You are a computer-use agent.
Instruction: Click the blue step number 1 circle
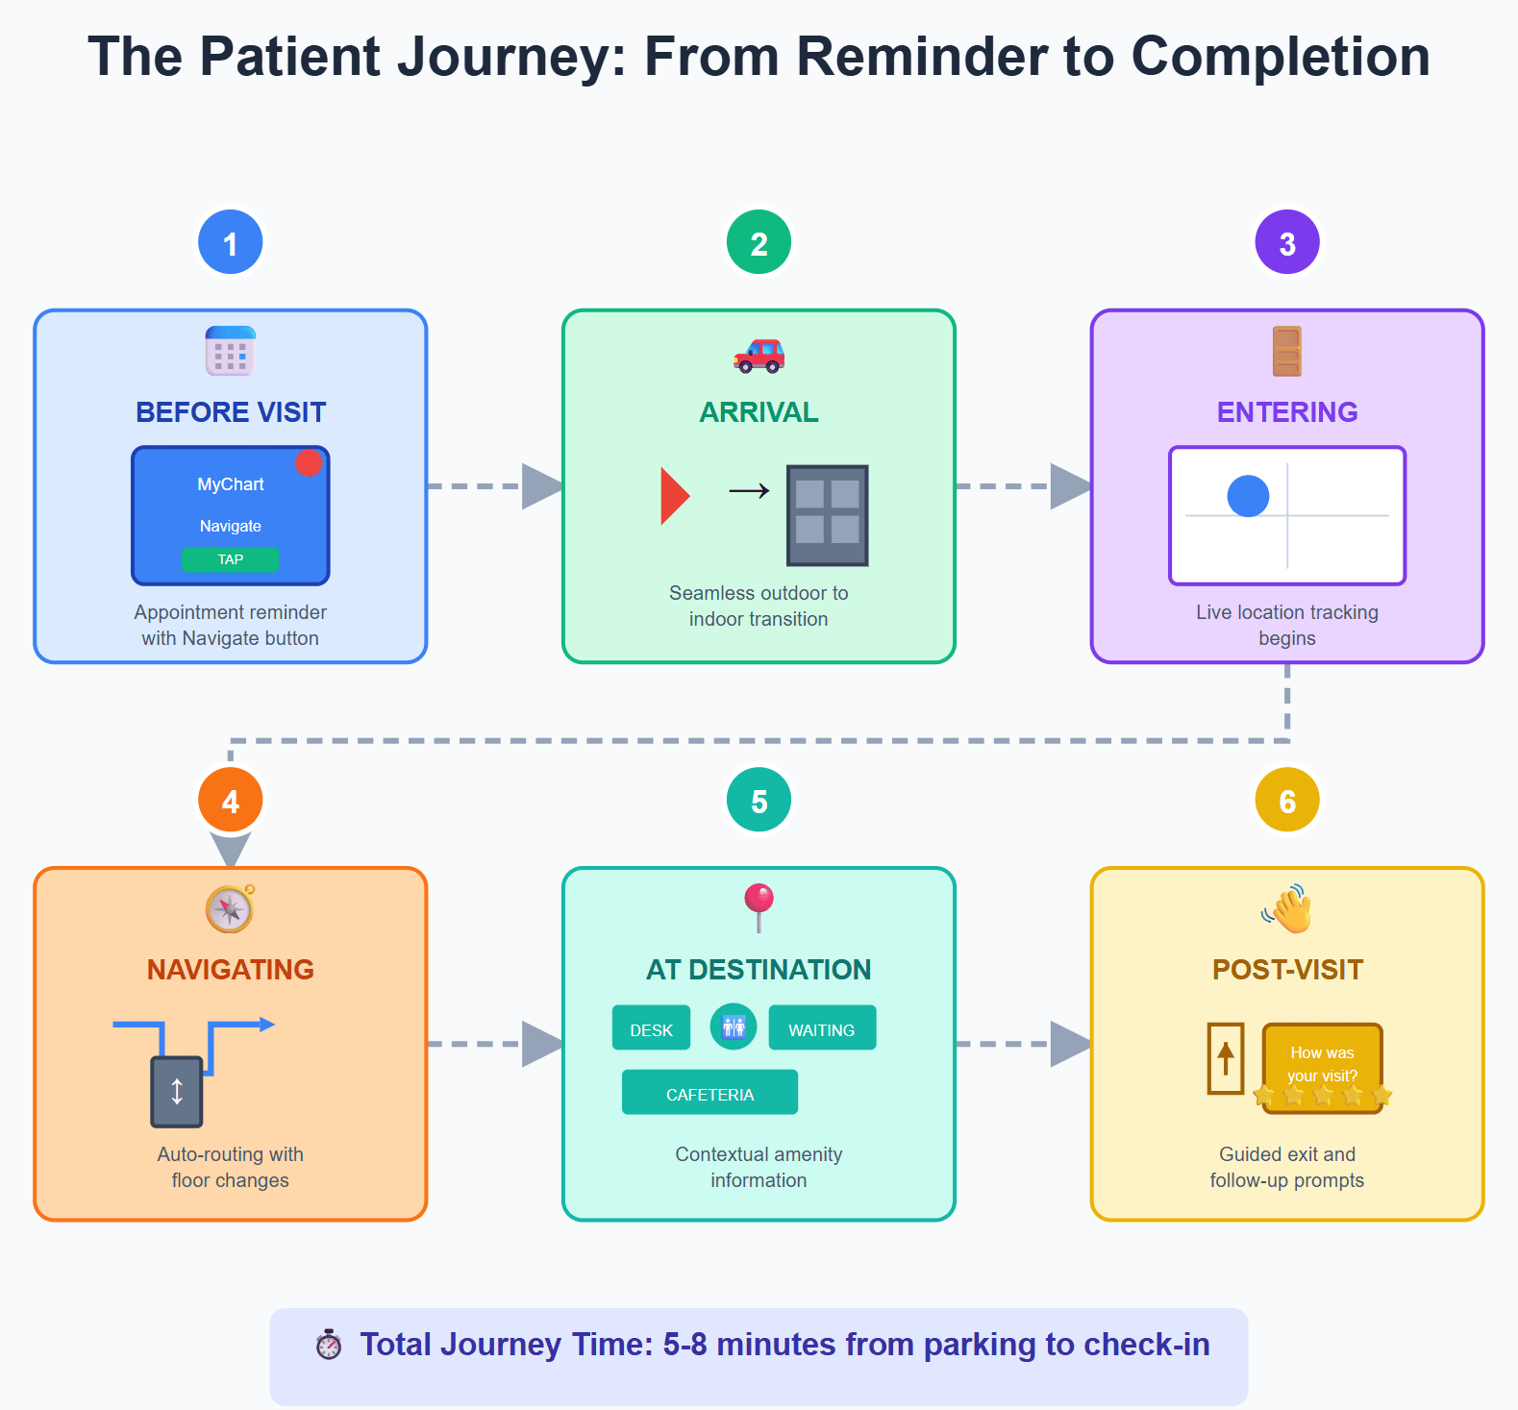click(x=231, y=242)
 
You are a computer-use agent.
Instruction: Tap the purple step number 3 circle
click(x=1287, y=242)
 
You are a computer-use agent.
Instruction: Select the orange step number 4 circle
click(x=231, y=800)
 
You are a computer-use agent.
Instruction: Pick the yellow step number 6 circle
click(x=1287, y=800)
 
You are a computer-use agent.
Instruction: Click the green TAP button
click(x=231, y=559)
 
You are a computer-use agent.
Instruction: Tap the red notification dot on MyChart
click(x=309, y=463)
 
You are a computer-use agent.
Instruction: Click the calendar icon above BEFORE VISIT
click(x=231, y=351)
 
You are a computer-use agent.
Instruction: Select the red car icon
click(x=759, y=355)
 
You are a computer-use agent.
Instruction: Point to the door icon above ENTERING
click(x=1287, y=351)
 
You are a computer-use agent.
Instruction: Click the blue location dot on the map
click(x=1248, y=496)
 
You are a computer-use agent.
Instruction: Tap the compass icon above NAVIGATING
click(x=231, y=908)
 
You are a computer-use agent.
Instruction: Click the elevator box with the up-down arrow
click(x=177, y=1092)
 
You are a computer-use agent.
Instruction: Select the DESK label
click(x=651, y=1029)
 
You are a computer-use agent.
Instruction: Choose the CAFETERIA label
click(x=709, y=1093)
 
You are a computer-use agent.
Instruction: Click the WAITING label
click(x=822, y=1029)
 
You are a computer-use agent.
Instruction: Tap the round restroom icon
click(x=734, y=1027)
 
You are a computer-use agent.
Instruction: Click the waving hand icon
click(x=1287, y=908)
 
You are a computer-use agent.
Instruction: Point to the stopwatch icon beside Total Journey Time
click(x=329, y=1345)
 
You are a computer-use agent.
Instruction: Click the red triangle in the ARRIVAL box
click(x=675, y=496)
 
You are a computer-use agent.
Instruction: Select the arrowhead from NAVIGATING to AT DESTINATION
click(x=542, y=1044)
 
